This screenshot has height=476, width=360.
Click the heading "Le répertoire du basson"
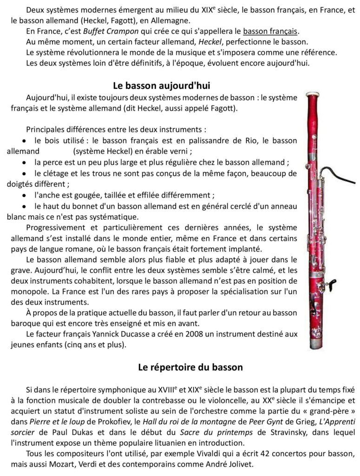coord(190,368)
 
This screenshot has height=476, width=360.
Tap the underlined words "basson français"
coord(271,32)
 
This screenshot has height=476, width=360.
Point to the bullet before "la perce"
coord(25,162)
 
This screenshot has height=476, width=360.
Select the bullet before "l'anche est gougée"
coord(25,195)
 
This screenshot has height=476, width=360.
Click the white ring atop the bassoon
coord(316,93)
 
